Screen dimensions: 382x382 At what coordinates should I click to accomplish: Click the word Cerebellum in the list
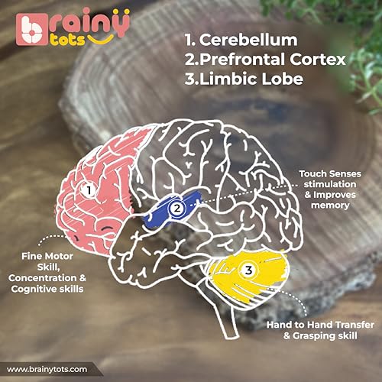[x=248, y=40]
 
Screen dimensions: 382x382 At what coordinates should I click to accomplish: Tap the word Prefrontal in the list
[x=242, y=59]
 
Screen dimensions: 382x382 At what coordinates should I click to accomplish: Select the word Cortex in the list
[x=318, y=59]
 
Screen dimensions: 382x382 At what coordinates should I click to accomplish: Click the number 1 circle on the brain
[x=89, y=190]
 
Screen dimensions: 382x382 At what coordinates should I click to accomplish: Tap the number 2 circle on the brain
[x=177, y=209]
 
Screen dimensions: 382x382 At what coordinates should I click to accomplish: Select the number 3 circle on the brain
[x=248, y=270]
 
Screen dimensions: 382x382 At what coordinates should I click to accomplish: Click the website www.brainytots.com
[x=47, y=370]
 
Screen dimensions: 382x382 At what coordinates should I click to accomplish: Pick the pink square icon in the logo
[x=32, y=30]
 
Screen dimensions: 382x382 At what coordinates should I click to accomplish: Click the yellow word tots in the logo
[x=67, y=40]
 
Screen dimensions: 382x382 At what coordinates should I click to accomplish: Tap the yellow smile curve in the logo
[x=100, y=39]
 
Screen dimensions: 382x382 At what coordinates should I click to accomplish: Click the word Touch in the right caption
[x=312, y=173]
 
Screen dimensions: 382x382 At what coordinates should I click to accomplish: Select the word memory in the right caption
[x=330, y=206]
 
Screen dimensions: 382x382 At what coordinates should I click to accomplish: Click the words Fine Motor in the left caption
[x=47, y=256]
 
